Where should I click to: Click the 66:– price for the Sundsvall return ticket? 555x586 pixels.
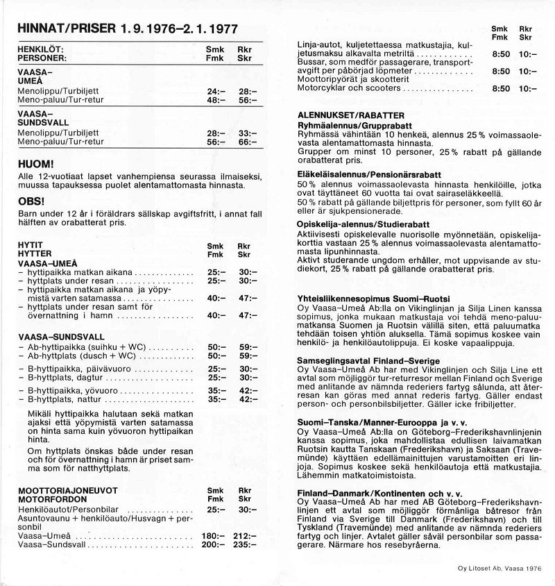(246, 142)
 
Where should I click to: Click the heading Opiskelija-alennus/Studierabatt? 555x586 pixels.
(363, 224)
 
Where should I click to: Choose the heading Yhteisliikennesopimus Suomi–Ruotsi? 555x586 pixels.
(365, 298)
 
